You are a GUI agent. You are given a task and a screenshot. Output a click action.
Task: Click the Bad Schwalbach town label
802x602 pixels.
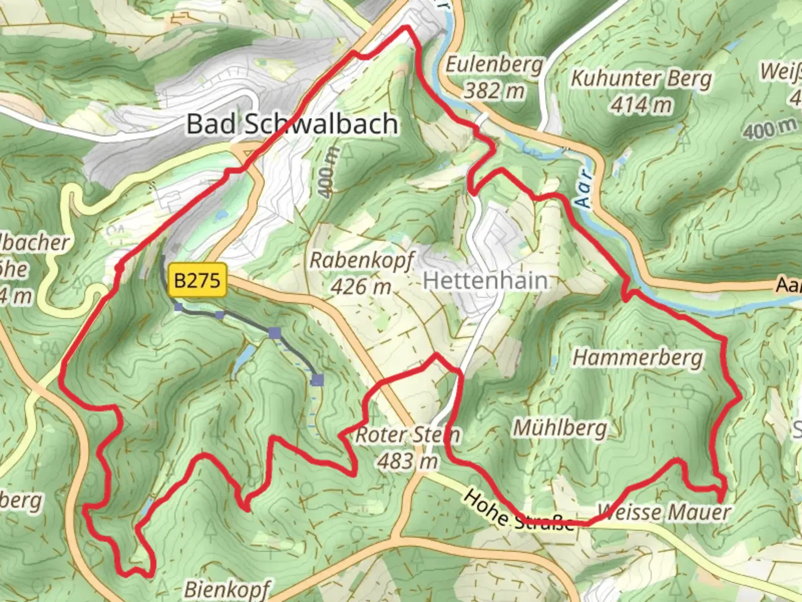point(292,123)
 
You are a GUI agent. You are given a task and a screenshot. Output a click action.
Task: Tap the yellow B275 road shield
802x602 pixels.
point(198,279)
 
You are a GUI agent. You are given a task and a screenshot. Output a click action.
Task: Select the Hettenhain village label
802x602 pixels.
point(485,280)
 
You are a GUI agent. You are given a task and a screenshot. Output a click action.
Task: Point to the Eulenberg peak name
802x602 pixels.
point(493,65)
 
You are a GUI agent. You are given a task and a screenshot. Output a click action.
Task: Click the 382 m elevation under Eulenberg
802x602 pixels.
point(493,90)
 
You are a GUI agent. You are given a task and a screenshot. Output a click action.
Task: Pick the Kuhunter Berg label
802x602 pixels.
point(641,79)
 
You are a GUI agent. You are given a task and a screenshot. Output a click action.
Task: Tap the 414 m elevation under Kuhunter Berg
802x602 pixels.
point(641,104)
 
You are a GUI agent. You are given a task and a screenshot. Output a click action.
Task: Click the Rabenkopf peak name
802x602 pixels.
point(362,260)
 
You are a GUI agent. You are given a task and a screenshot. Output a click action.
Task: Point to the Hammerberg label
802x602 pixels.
point(638,357)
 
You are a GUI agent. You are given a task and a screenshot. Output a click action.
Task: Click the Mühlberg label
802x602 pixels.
point(560,428)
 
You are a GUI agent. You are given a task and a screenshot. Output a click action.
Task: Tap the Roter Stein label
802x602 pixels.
point(408,435)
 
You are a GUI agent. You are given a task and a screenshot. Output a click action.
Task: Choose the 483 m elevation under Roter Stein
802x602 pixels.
point(408,461)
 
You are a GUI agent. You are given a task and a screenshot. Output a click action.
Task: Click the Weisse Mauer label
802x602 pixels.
point(663,512)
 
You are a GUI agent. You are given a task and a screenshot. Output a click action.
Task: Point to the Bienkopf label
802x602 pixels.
point(227,589)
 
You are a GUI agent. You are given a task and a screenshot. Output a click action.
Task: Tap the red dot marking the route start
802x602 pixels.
point(119,268)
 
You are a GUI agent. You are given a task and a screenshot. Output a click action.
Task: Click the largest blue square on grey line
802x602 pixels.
point(317,380)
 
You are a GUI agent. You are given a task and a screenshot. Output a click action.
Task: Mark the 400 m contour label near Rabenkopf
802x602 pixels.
point(329,172)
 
